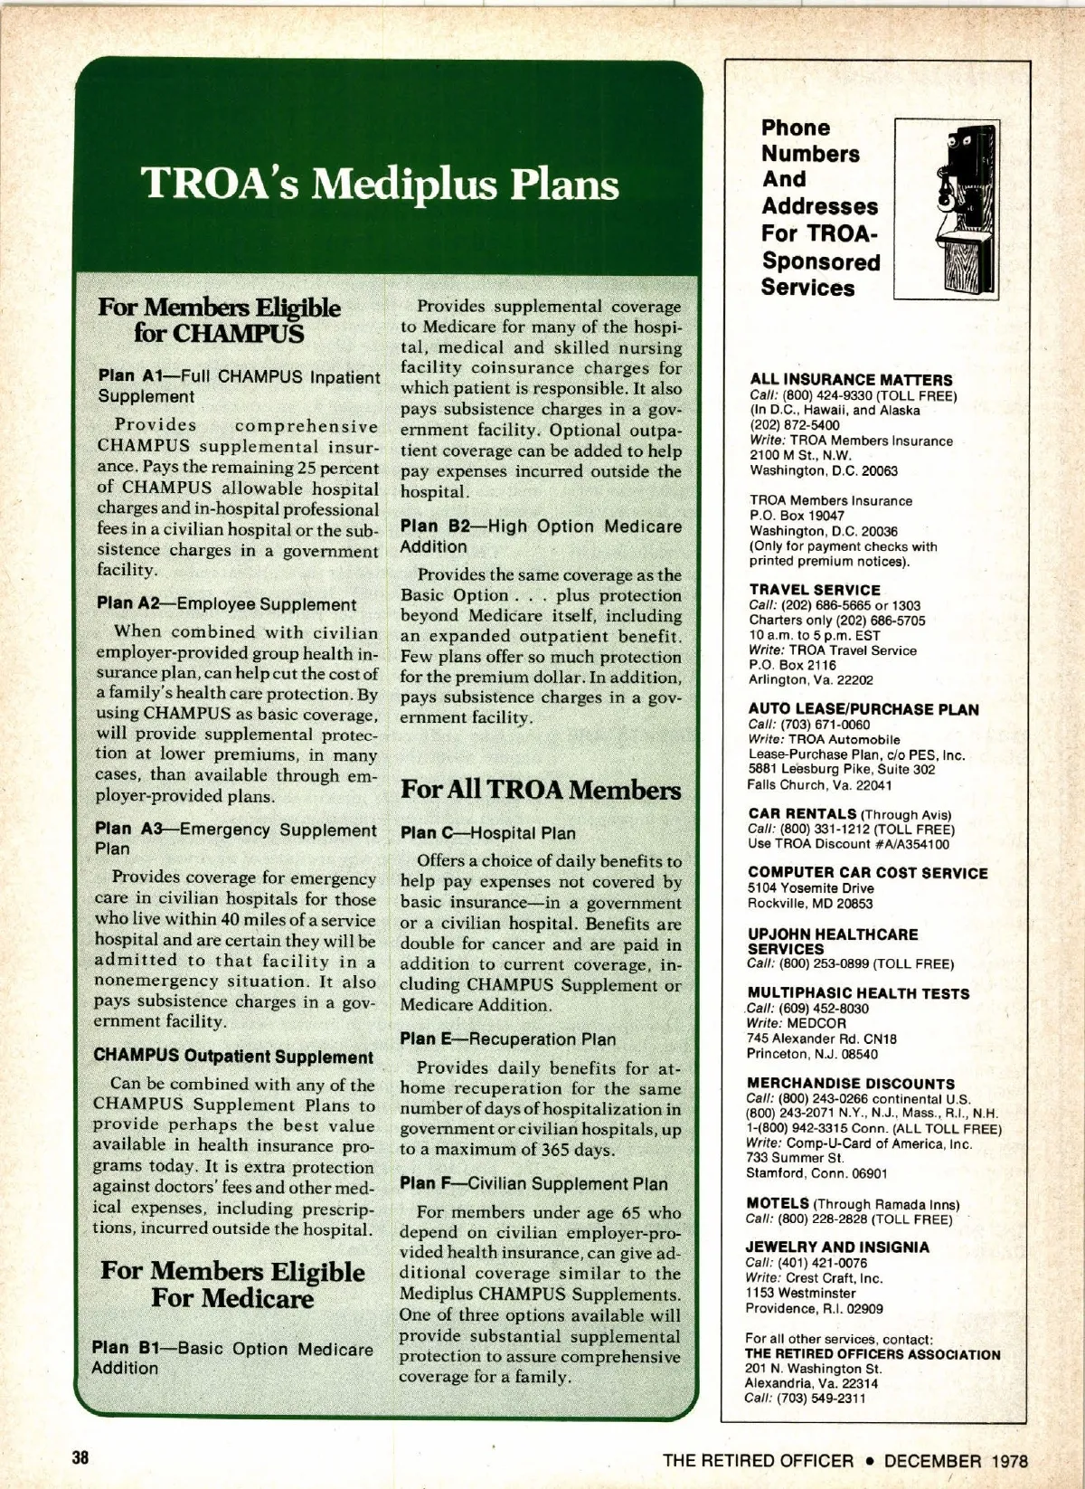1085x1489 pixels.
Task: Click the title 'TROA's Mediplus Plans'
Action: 381,185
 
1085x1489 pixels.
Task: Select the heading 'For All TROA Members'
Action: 541,790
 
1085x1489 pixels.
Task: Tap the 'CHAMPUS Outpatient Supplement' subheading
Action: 233,1057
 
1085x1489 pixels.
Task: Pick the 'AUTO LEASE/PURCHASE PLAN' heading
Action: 863,709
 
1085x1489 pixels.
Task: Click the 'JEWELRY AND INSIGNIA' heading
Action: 838,1247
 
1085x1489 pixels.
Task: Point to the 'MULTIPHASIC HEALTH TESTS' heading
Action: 859,993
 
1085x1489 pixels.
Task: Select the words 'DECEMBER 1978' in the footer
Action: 956,1460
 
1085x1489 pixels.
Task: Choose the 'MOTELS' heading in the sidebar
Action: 778,1203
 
